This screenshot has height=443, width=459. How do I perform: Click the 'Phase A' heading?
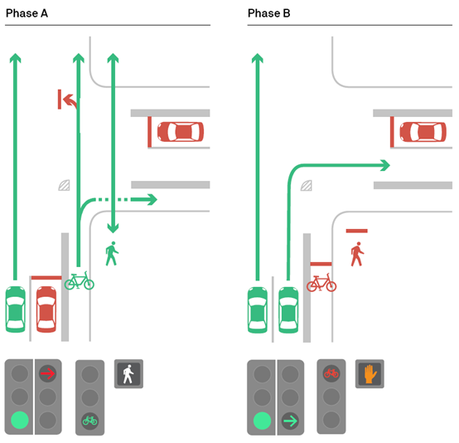(x=27, y=13)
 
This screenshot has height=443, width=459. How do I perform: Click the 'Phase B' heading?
(x=268, y=13)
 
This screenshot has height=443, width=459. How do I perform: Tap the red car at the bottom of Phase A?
(x=46, y=309)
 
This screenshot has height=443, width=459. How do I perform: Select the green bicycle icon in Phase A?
(x=80, y=280)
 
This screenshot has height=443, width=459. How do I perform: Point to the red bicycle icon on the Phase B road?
(x=321, y=282)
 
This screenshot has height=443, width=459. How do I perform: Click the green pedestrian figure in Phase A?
(x=112, y=254)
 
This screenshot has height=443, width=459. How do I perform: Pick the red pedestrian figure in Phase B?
(x=357, y=254)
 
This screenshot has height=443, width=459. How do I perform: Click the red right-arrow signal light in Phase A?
(x=48, y=373)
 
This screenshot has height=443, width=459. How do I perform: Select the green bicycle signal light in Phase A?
(x=89, y=421)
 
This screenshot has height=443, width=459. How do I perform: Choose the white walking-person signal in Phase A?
(x=128, y=374)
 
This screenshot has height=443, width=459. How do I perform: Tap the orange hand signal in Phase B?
(x=370, y=374)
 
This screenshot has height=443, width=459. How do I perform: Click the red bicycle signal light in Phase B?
(x=331, y=373)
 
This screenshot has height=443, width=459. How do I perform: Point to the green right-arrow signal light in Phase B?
(x=290, y=421)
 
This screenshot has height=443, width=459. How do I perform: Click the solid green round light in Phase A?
(x=20, y=420)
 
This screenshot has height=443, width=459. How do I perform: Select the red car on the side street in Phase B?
(x=423, y=132)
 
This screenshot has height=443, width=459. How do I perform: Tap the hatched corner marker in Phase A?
(x=64, y=185)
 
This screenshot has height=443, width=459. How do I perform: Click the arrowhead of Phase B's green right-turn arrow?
(x=385, y=165)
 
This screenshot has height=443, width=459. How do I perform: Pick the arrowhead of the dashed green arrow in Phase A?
(x=152, y=200)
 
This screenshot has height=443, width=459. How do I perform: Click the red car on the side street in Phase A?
(x=181, y=132)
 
